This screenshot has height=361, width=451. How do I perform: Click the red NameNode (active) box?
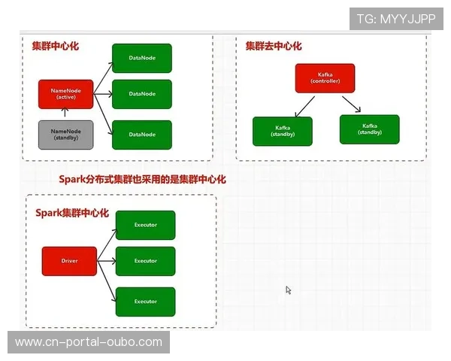pos(65,93)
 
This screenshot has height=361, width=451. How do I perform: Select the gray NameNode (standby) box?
pos(65,134)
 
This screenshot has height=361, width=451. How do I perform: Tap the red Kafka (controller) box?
pos(325,77)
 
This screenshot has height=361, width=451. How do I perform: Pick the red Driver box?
pos(69,261)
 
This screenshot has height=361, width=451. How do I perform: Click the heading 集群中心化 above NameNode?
pos(55,46)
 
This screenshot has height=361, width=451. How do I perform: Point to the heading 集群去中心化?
pos(273,46)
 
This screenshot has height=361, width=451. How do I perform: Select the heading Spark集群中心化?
pos(72,213)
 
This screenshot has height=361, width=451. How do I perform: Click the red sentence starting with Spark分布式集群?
pos(142,179)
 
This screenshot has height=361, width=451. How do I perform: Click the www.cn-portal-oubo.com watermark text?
pos(89,342)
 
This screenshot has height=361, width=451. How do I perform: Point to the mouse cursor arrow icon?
pos(288,290)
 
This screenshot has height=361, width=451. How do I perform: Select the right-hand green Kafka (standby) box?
pos(369,129)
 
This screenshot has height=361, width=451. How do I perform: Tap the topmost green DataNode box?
pos(142,58)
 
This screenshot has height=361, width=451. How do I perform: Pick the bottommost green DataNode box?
pos(142,135)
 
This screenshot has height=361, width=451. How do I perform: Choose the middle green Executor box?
pos(145,261)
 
